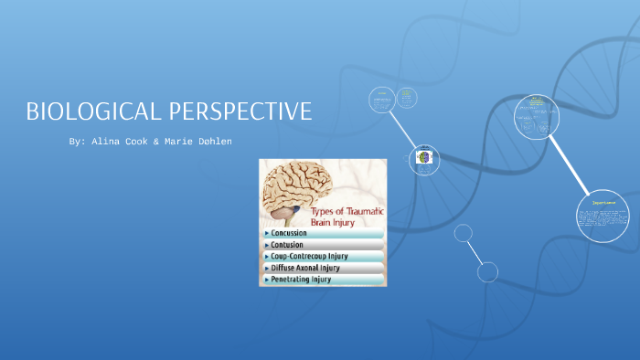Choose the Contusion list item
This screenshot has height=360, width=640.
tap(288, 245)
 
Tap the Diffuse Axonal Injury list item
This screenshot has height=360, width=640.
tap(305, 269)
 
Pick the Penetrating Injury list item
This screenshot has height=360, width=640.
tap(301, 280)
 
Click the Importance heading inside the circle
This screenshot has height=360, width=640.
tap(603, 200)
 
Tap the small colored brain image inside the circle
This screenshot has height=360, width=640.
tap(423, 157)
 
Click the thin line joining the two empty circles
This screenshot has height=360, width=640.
tap(475, 251)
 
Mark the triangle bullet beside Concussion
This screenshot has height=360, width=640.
tap(266, 233)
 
